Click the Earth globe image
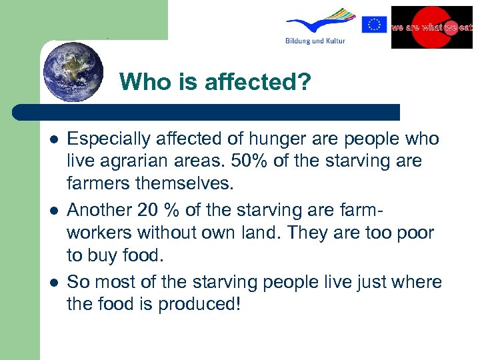pos(73,71)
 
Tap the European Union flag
pos(374,25)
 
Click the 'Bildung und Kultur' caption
pos(315,41)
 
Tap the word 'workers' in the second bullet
pos(100,234)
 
